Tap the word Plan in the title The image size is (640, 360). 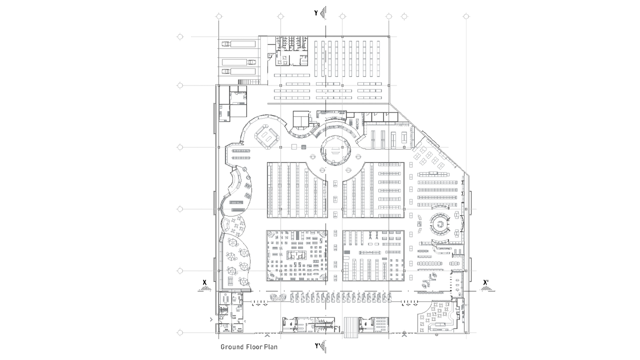pyautogui.click(x=271, y=347)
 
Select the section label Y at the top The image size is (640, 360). pyautogui.click(x=316, y=13)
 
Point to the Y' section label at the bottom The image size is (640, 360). pyautogui.click(x=317, y=346)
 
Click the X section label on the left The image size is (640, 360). pyautogui.click(x=204, y=282)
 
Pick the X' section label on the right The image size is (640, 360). pyautogui.click(x=485, y=282)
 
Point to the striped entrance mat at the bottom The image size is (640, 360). pyautogui.click(x=350, y=327)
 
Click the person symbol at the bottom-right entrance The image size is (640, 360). pyautogui.click(x=404, y=333)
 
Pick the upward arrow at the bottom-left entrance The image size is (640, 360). pyautogui.click(x=267, y=334)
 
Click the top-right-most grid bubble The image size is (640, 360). pyautogui.click(x=466, y=16)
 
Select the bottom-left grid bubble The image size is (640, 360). pyautogui.click(x=180, y=332)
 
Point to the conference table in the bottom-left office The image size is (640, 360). pyautogui.click(x=225, y=298)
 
